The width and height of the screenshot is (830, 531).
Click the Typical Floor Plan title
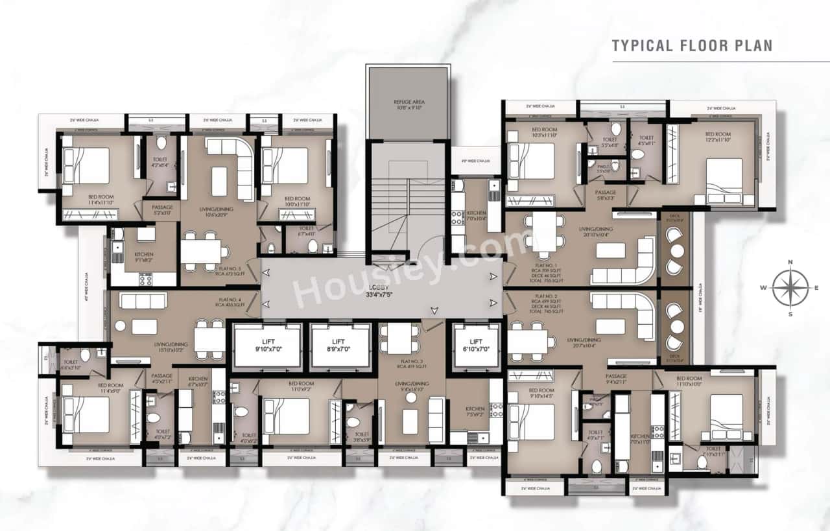692,45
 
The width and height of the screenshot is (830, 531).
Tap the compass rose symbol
790,287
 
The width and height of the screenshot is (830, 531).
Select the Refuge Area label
407,105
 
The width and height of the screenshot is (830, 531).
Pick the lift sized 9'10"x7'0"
267,346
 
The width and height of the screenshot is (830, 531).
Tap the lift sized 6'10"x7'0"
476,346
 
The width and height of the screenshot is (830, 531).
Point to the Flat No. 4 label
229,301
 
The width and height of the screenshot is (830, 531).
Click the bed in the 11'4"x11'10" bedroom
87,166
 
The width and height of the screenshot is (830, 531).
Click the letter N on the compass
790,262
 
